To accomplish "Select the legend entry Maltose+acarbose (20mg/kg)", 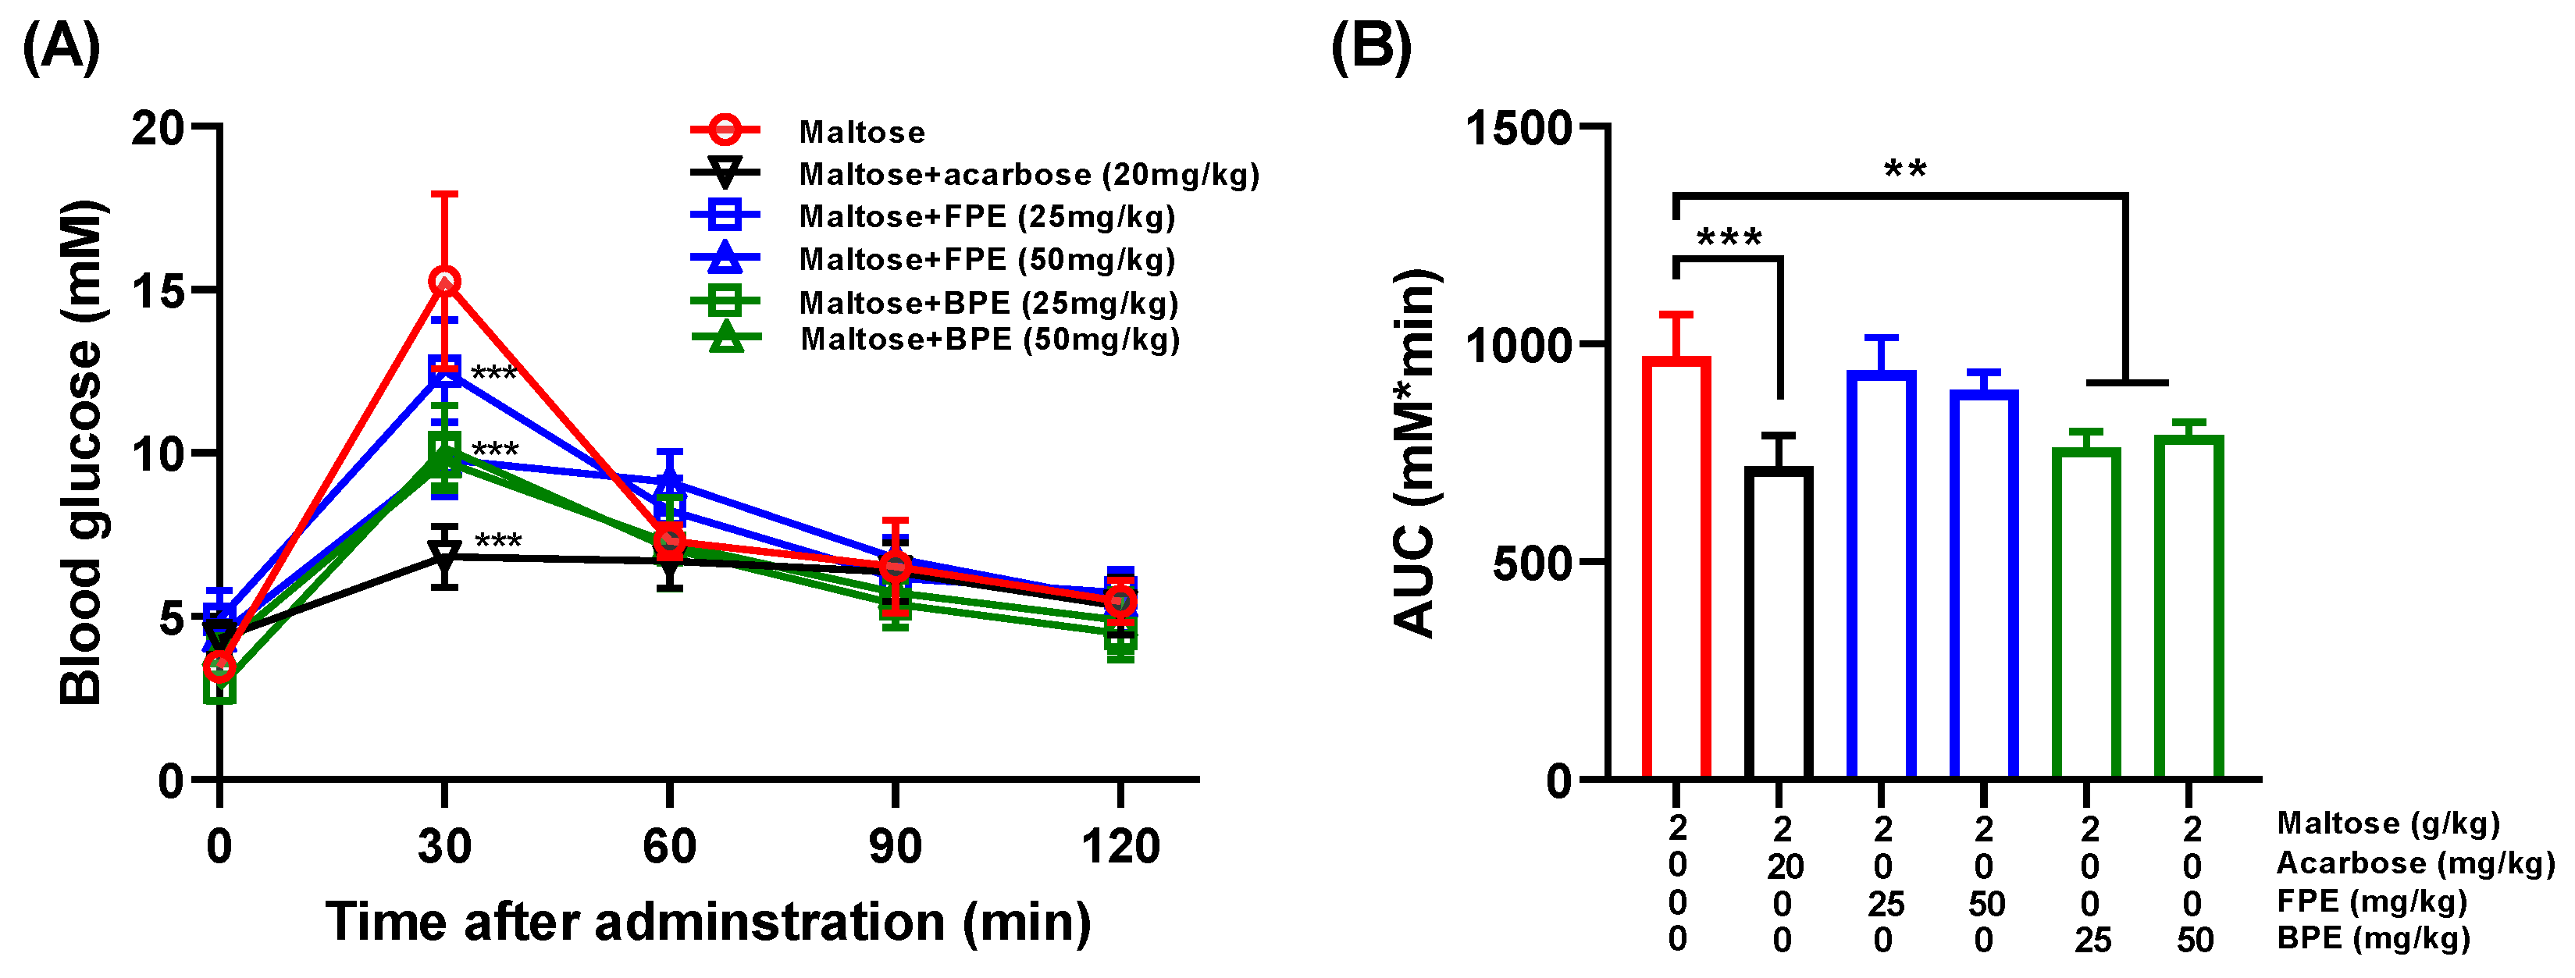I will (x=1028, y=175).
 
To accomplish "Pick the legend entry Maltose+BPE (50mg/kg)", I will (x=989, y=340).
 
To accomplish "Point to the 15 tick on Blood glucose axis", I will (x=160, y=290).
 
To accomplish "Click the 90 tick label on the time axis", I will (x=895, y=846).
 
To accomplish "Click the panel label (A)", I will (x=61, y=48).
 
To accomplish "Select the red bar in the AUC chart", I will (x=1676, y=570).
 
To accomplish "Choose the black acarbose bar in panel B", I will (x=1779, y=624).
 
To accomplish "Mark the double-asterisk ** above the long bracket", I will (x=1904, y=168).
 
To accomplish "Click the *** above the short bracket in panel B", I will (x=1729, y=236).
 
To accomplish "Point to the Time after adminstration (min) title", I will (x=707, y=921).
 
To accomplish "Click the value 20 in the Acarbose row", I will (x=1784, y=867).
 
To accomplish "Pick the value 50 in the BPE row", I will (x=2194, y=940).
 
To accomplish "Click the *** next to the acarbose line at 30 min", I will (x=497, y=540).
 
